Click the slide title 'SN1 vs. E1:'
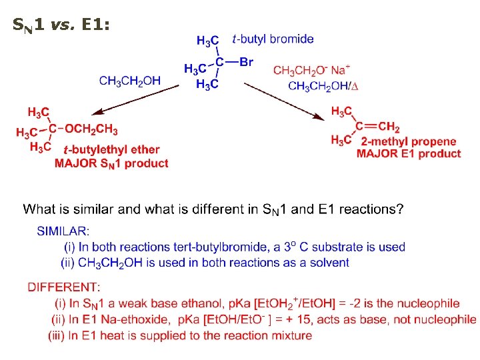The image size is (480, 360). [61, 26]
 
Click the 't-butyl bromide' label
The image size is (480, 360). [273, 39]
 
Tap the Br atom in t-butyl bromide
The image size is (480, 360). [246, 63]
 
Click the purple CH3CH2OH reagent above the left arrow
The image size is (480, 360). [130, 81]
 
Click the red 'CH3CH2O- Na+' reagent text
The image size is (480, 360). [311, 70]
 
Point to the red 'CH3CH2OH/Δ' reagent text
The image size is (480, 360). [323, 85]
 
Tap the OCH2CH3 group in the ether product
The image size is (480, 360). [91, 130]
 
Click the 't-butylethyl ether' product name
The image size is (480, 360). [111, 150]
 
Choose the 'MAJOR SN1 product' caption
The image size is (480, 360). [111, 163]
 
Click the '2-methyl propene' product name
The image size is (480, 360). [408, 141]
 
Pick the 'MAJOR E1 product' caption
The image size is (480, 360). [408, 154]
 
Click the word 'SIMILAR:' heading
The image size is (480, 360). [63, 231]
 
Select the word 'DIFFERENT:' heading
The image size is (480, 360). [64, 287]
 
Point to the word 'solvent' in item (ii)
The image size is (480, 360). [327, 263]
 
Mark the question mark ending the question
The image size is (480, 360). [399, 209]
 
